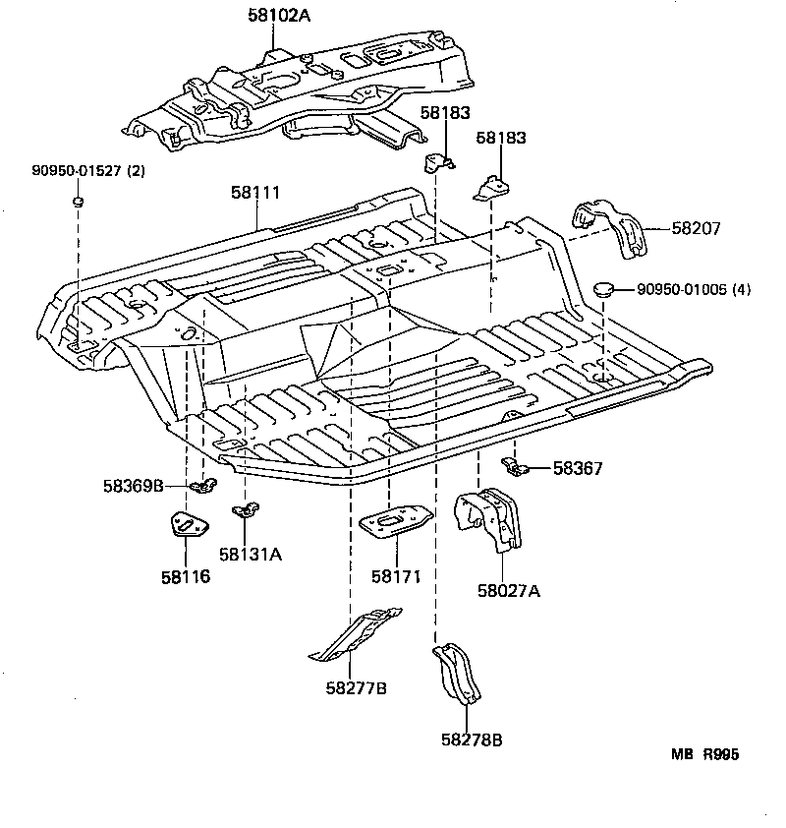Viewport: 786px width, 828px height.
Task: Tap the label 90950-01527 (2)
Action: [88, 171]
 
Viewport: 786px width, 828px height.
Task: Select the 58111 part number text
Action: [255, 194]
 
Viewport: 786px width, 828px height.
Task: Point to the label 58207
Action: [697, 228]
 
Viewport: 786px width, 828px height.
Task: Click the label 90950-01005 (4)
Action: [694, 289]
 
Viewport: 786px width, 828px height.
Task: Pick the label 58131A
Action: [251, 555]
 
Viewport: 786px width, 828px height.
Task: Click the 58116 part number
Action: [186, 576]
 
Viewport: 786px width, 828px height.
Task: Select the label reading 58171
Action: [396, 576]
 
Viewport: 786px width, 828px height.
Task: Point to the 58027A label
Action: [509, 591]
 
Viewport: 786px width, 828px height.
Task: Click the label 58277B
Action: [356, 688]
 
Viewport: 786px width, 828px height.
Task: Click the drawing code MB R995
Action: [704, 754]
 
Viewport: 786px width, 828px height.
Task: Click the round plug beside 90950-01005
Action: [605, 289]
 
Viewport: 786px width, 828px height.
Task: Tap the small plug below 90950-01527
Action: [77, 202]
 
